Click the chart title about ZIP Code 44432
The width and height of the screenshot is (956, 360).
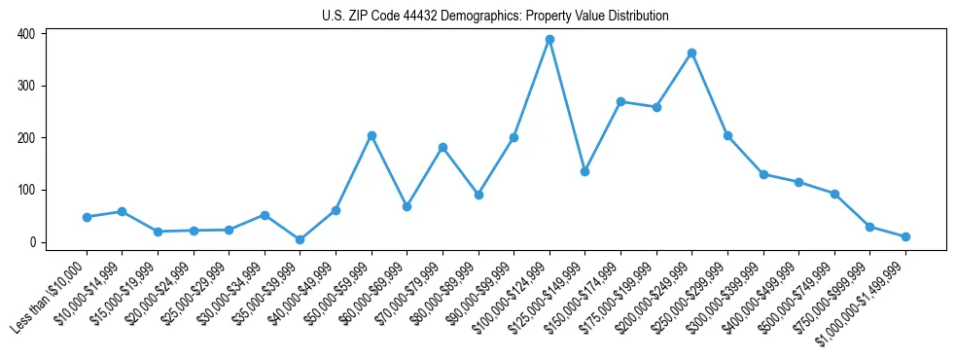click(495, 17)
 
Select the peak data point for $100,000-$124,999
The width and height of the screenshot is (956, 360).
click(549, 40)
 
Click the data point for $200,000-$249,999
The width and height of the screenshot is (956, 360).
click(691, 54)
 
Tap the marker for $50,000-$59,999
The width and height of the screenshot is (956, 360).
click(372, 136)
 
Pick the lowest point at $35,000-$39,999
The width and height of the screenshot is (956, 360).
click(301, 239)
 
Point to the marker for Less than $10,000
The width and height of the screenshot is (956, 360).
click(87, 217)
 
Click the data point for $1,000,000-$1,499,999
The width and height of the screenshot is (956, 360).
click(905, 236)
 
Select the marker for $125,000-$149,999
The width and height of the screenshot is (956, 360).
click(584, 171)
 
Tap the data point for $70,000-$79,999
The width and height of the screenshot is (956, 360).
click(443, 147)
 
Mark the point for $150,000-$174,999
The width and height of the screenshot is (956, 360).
click(620, 102)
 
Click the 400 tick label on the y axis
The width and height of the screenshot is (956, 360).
click(26, 34)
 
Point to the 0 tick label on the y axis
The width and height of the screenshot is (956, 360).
click(32, 242)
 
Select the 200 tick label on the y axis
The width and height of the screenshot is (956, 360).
click(26, 138)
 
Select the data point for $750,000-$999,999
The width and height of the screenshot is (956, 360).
click(869, 227)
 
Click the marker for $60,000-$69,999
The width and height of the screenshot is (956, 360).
click(407, 206)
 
